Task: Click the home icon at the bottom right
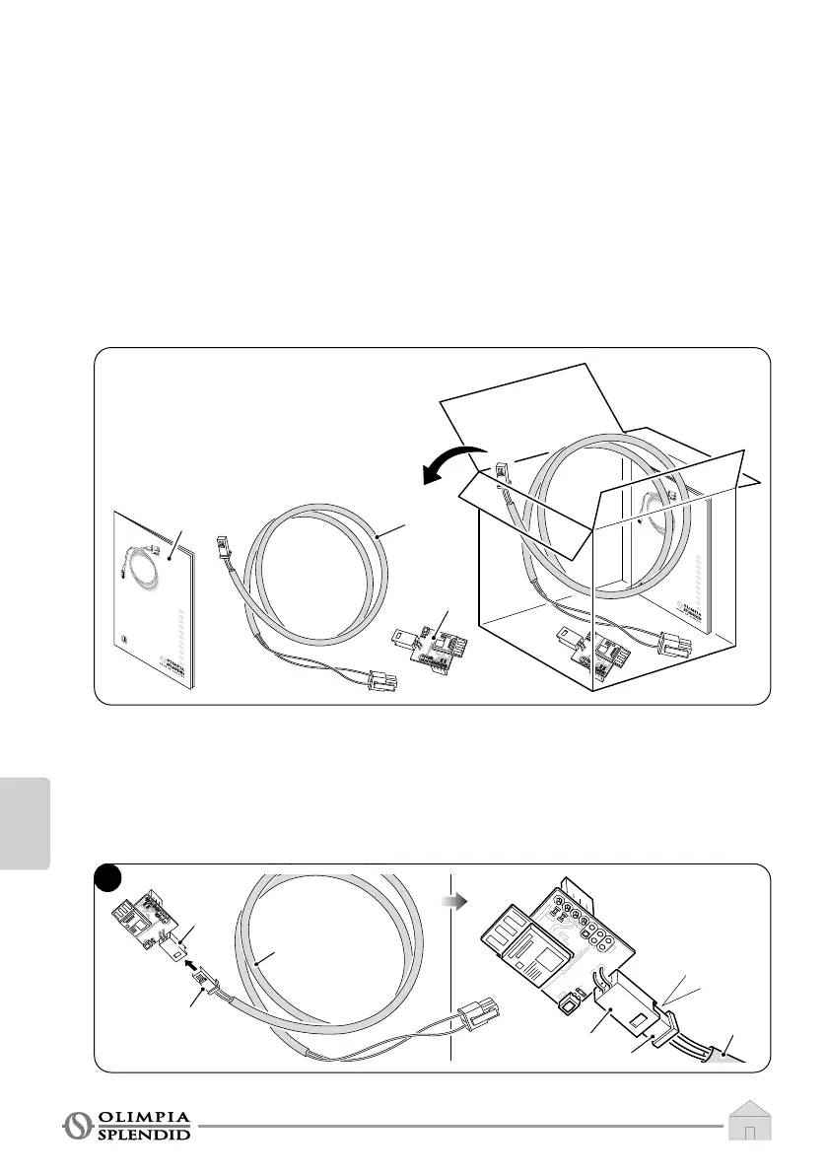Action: (750, 1122)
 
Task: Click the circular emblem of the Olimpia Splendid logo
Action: (75, 1125)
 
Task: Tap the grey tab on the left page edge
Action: (25, 819)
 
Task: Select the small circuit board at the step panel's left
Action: (142, 920)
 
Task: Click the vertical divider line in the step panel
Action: (449, 966)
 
